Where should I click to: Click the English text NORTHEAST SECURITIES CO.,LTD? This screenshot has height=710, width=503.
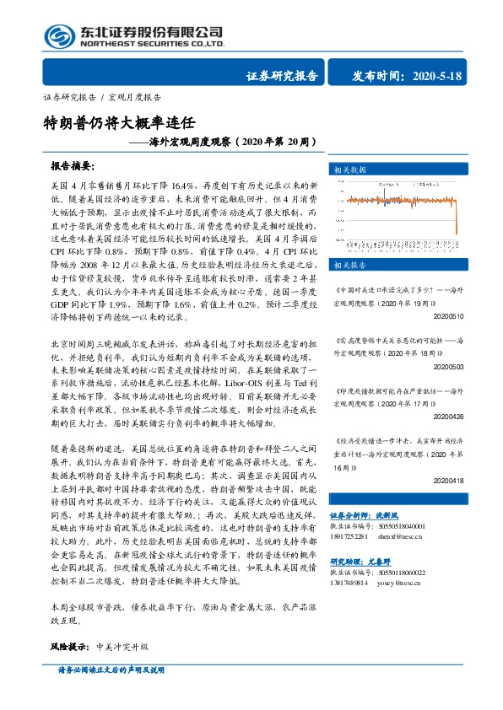tap(151, 42)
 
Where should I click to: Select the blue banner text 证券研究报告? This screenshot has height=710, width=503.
tap(281, 77)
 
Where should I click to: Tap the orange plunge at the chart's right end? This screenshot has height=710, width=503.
tap(455, 240)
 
